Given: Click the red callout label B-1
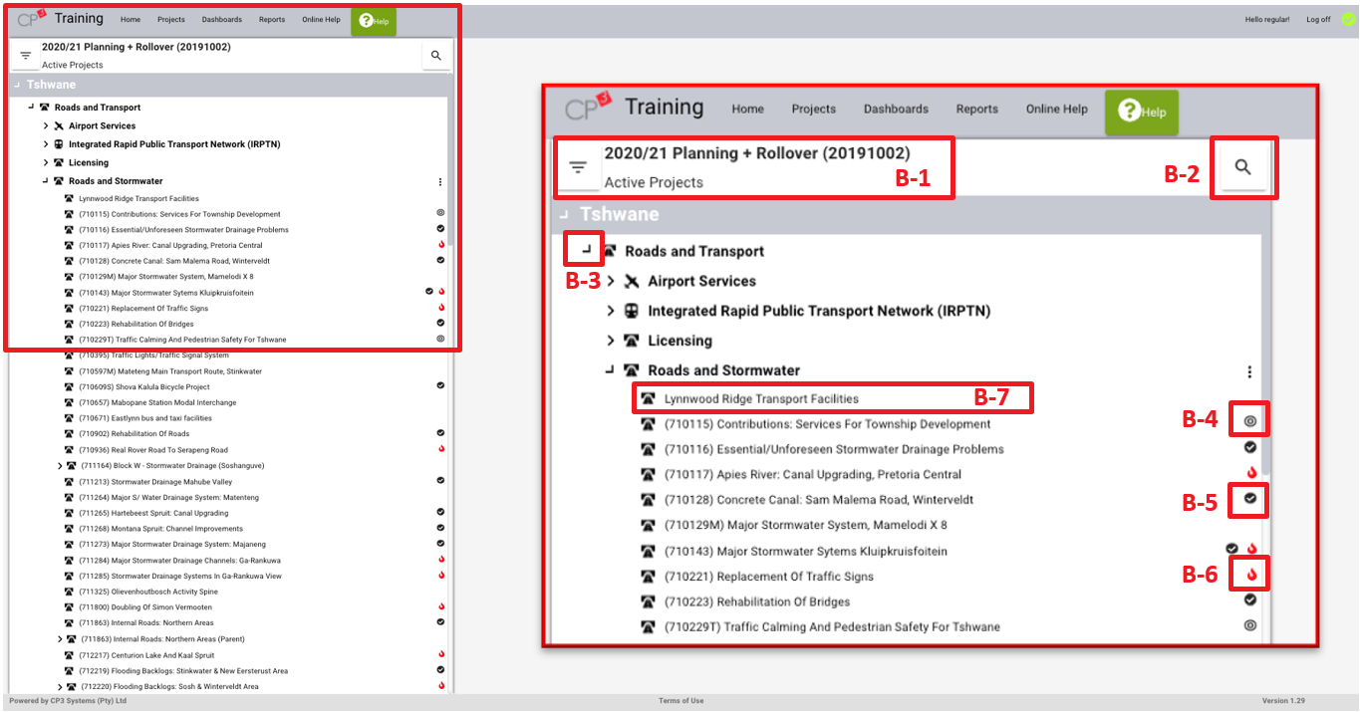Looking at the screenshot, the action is pos(913,178).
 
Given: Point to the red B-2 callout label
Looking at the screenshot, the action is pos(1182,174).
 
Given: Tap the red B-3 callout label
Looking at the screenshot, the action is pos(583,281).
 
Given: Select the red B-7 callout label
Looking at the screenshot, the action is pos(991,397).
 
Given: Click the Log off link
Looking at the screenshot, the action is pos(1318,20).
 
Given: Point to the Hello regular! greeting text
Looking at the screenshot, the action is pos(1267,20).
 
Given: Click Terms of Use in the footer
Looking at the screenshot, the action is pos(681,700).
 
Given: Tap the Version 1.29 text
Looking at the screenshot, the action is pos(1283,700).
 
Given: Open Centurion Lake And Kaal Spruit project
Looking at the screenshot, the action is pos(146,655).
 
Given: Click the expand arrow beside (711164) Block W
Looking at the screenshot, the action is pos(60,466).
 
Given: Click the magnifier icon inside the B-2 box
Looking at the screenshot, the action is pos(1242,167).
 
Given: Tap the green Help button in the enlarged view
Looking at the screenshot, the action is pos(1142,112).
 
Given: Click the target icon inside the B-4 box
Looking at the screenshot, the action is pos(1249,420).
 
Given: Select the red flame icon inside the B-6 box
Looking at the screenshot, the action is pos(1251,574).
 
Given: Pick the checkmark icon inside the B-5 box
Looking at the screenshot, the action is pos(1249,498).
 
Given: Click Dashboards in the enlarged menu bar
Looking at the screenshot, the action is pos(896,110).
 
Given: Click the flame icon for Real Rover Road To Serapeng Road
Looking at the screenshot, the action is pos(441,448).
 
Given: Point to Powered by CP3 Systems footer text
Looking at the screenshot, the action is pos(68,700).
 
